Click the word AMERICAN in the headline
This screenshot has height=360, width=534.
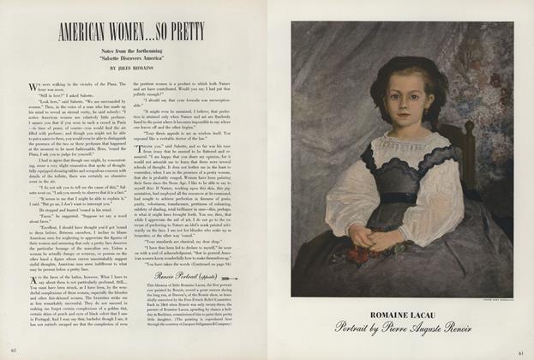[x=89, y=37]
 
